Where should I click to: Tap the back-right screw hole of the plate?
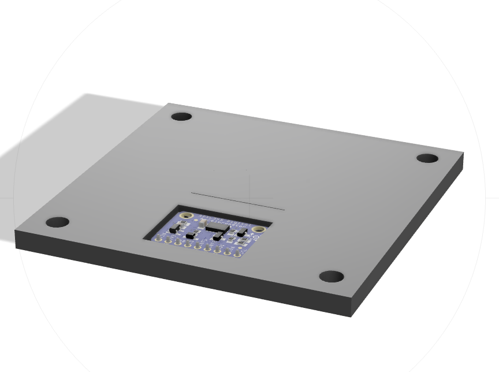tap(427, 158)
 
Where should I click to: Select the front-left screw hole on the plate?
tap(57, 222)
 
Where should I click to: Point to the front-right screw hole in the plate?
tap(332, 277)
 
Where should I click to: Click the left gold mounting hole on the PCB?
tap(186, 216)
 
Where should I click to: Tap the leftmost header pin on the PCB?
tap(157, 237)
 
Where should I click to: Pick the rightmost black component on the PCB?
tap(242, 230)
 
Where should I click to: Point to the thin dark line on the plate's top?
tap(237, 200)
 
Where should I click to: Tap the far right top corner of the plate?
tap(463, 153)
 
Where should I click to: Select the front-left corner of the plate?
tap(16, 230)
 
